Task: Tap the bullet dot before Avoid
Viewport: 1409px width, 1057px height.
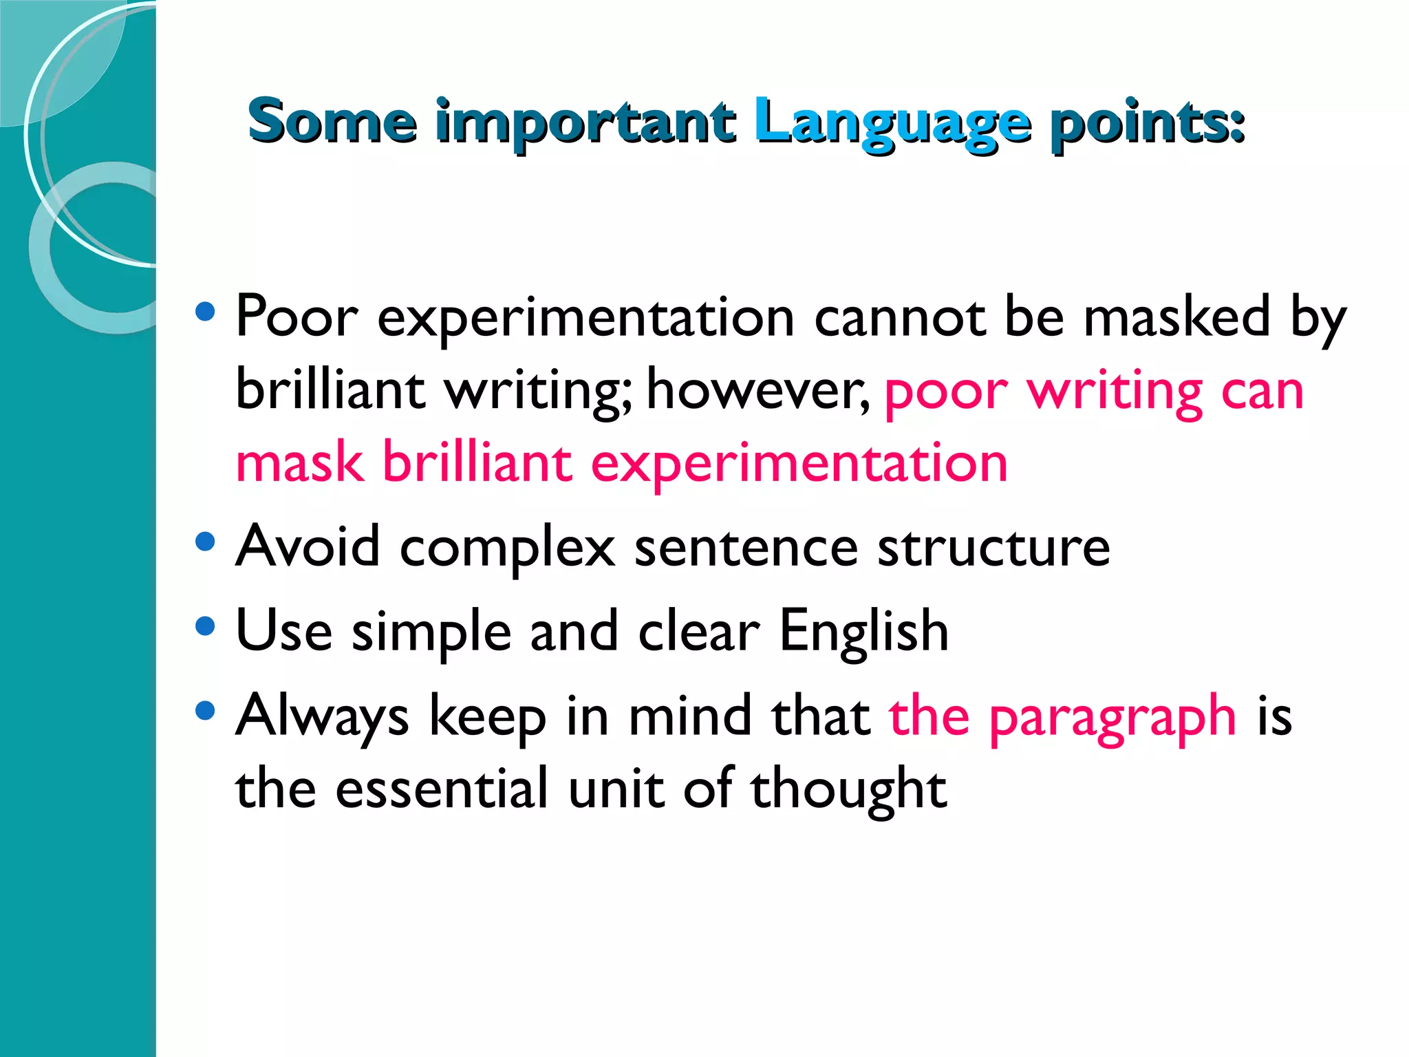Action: [205, 542]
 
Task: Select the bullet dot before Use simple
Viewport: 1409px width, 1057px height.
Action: [205, 626]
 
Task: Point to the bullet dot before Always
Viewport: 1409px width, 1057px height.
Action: [205, 710]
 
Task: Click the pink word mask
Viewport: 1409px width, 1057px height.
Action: [299, 462]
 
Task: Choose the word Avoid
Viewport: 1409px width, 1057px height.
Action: [308, 546]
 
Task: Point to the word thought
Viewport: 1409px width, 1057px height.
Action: [848, 790]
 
